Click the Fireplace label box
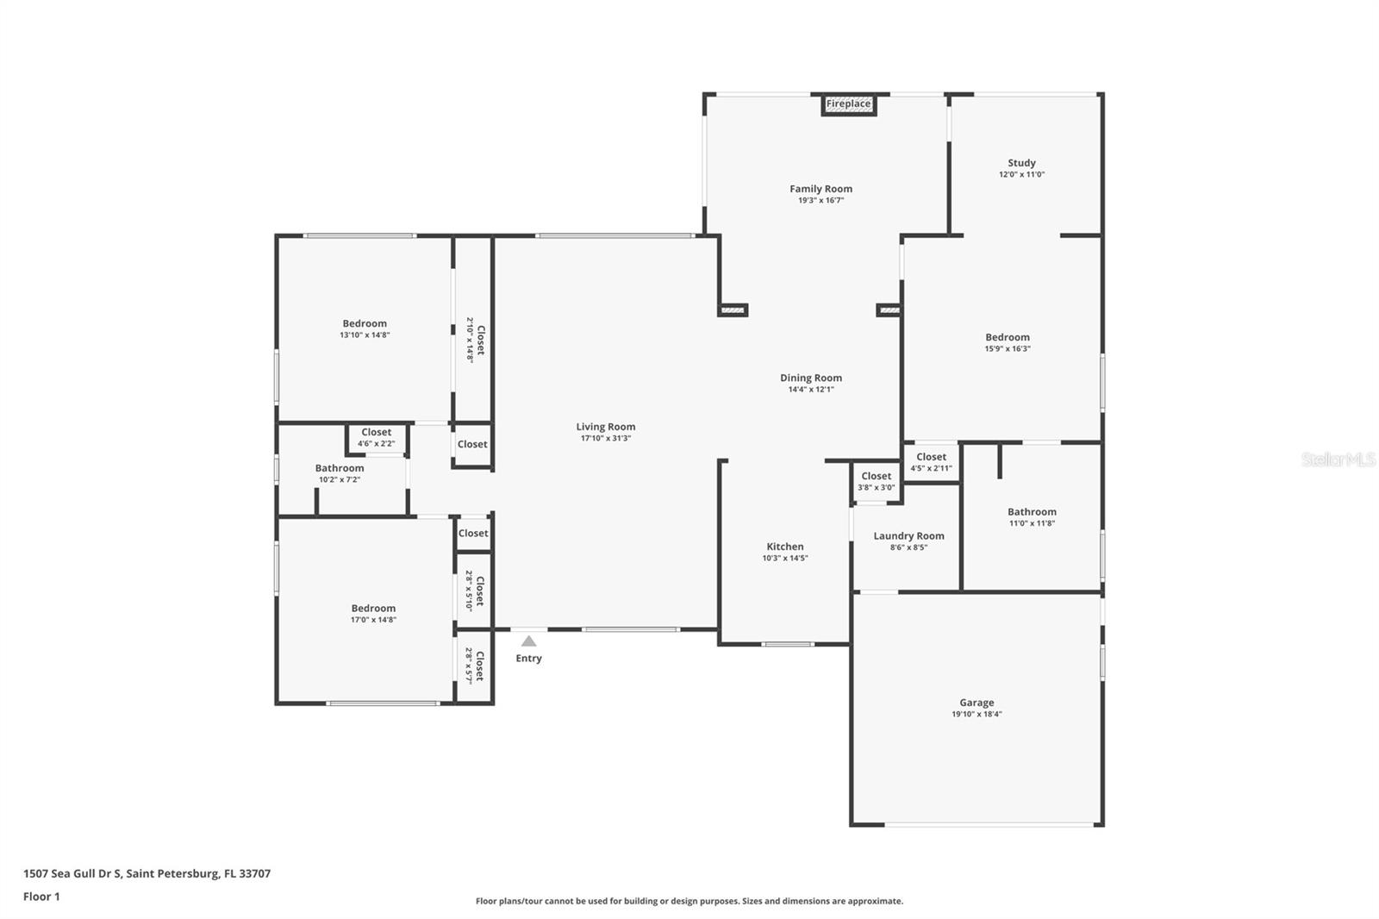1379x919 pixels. [x=848, y=104]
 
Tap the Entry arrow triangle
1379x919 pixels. [x=529, y=641]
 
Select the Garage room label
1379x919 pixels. [x=977, y=703]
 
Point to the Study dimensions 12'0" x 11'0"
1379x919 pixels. [x=1021, y=174]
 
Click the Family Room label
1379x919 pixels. [x=821, y=189]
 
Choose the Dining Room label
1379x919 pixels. [x=811, y=378]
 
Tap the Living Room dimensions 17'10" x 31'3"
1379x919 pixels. [x=606, y=439]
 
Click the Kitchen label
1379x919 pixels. [x=785, y=547]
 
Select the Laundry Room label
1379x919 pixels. [x=908, y=536]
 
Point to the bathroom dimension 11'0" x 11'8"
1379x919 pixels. [x=1032, y=523]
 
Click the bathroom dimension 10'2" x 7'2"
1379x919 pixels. [x=340, y=480]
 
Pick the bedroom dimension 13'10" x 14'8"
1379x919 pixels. [x=365, y=335]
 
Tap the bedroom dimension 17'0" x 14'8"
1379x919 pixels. [x=373, y=620]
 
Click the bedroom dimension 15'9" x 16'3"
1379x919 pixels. [x=1008, y=348]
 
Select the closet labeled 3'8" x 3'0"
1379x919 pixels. [x=876, y=481]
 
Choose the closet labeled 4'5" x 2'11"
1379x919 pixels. [x=931, y=462]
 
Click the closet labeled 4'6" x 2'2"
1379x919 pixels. [x=376, y=437]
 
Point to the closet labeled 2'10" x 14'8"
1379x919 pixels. [x=475, y=340]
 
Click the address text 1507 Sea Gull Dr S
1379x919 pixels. [x=72, y=873]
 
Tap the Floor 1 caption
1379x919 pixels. [x=41, y=897]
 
